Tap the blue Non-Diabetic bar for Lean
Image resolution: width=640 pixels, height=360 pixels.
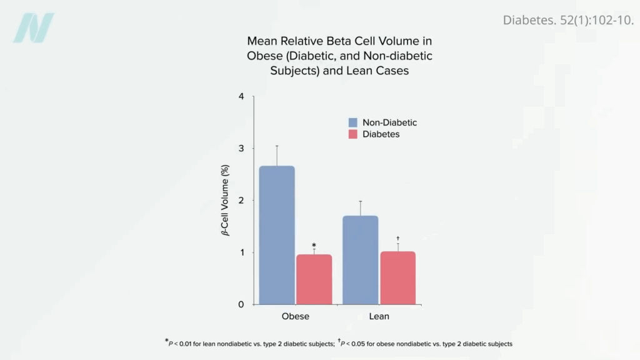[x=360, y=260]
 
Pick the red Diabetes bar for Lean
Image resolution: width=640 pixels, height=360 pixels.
[x=397, y=278]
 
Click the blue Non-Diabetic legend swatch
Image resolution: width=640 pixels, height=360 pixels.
[x=353, y=122]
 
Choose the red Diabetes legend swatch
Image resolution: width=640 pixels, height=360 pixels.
[x=353, y=134]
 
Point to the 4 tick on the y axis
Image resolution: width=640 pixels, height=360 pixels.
[x=241, y=97]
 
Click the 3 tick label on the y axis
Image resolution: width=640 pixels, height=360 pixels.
[x=241, y=149]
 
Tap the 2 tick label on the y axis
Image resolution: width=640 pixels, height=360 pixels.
[x=241, y=201]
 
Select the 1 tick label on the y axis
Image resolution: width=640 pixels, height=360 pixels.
[x=241, y=252]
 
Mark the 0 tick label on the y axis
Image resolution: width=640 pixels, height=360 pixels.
[x=241, y=304]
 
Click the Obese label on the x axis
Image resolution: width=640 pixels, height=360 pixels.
[x=295, y=316]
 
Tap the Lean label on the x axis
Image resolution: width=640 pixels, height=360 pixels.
[x=379, y=316]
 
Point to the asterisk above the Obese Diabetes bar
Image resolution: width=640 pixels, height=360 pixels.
[x=314, y=246]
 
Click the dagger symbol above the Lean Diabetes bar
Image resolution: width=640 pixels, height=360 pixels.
[x=397, y=238]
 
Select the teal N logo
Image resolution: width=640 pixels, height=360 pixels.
[x=34, y=28]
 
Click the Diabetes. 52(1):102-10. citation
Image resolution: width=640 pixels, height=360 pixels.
[x=568, y=20]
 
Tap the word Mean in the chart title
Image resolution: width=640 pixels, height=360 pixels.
[x=262, y=41]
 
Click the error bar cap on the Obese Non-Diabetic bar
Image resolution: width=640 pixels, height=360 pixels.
[x=277, y=146]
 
